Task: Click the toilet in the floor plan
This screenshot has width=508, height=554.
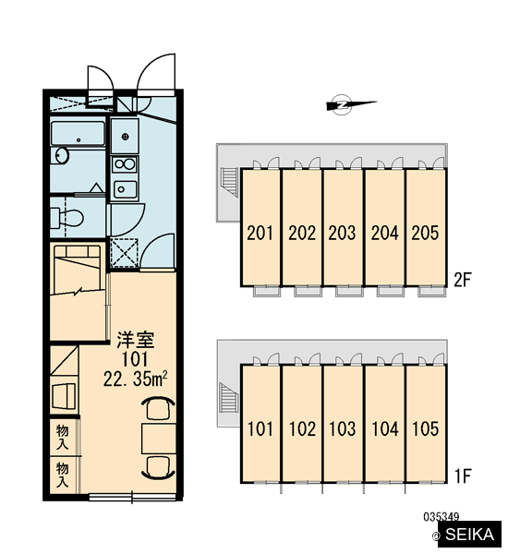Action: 67,218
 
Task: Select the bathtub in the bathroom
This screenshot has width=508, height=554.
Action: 79,134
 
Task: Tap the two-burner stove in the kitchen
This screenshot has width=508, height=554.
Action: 125,164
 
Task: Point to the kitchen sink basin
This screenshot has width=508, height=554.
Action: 125,189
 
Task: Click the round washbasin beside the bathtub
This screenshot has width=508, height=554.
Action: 60,156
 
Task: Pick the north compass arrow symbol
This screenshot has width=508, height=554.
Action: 351,104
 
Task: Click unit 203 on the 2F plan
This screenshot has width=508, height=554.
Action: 342,233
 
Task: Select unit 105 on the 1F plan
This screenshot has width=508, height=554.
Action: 425,428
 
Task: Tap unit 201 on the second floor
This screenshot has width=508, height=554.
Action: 260,233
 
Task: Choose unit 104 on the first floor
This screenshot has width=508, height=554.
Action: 385,428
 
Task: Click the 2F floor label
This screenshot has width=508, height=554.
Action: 463,280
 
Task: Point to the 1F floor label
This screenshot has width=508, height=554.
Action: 463,476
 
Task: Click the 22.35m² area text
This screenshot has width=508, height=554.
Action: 136,379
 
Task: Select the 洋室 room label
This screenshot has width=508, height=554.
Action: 136,340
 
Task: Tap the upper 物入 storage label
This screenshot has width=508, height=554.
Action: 63,438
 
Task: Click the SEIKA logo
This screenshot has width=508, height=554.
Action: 469,535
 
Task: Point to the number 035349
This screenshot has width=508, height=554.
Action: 441,517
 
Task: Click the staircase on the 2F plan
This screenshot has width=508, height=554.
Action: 229,181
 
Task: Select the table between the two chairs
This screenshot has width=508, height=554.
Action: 159,439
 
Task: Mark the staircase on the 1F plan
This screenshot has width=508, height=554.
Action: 229,397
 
